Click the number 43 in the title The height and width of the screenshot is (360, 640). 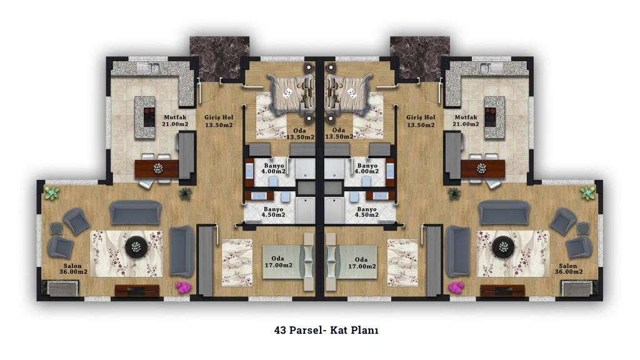(x=281, y=330)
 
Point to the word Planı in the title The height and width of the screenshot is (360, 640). (x=364, y=330)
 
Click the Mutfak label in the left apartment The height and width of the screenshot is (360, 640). (x=175, y=117)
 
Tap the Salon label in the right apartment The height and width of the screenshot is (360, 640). (x=568, y=266)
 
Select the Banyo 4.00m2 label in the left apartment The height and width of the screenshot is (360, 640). (x=274, y=169)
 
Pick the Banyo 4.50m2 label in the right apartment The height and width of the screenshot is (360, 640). (x=366, y=212)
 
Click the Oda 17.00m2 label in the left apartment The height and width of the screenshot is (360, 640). (x=278, y=262)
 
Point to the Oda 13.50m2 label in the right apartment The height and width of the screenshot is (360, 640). (x=339, y=134)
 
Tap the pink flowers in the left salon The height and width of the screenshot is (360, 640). (x=184, y=286)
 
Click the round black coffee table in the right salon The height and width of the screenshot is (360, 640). (x=503, y=246)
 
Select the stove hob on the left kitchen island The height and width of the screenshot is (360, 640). (x=149, y=117)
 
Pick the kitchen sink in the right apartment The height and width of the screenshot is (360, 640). (x=491, y=68)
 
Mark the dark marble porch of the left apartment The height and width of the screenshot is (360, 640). (x=219, y=59)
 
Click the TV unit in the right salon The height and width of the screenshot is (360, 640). (x=502, y=291)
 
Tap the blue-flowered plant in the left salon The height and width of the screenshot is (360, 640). (x=52, y=192)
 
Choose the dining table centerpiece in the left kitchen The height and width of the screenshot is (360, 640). (x=158, y=167)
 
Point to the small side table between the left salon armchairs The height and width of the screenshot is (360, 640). (x=56, y=227)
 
